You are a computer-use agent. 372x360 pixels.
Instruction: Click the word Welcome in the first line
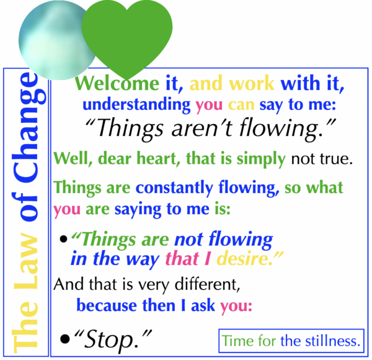coord(117,83)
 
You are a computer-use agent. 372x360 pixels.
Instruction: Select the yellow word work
coord(252,83)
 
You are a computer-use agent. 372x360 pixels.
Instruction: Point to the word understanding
coord(136,104)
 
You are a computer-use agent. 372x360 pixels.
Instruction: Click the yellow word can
coord(241,105)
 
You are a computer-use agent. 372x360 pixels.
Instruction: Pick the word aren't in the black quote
coord(201,128)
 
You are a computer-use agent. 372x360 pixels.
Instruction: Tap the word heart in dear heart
coord(159,158)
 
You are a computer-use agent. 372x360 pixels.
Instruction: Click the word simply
coord(261,159)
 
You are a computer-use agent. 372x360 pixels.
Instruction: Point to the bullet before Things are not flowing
coord(64,239)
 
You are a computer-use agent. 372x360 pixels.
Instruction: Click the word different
coord(207,284)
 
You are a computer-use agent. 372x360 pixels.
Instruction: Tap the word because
coord(107,305)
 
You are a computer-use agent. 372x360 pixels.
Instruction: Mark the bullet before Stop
coord(65,339)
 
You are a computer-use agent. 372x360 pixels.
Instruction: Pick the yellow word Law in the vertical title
coord(26,260)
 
